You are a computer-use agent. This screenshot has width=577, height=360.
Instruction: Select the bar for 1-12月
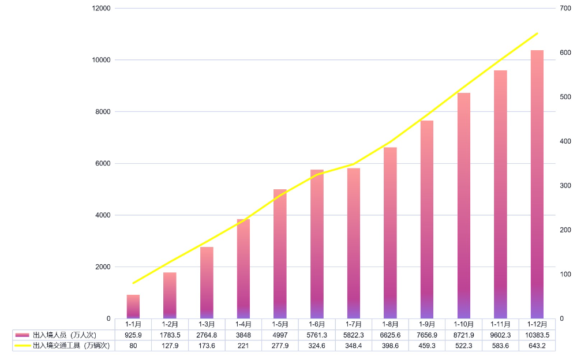pos(537,185)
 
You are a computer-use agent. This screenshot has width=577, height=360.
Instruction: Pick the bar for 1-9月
pos(426,219)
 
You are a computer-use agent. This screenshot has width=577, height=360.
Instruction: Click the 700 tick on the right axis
pos(565,9)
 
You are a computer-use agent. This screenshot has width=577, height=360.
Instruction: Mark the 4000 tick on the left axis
pos(103,215)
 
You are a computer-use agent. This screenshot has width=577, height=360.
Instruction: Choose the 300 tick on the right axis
pos(565,186)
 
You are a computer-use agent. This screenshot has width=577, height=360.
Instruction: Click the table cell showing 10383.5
pos(537,335)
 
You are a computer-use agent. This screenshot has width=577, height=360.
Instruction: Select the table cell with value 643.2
pos(537,345)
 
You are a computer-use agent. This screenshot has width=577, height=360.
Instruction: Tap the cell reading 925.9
pos(133,335)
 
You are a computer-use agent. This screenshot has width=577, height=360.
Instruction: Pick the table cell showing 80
pos(133,345)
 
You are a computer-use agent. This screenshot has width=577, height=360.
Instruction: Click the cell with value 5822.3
pos(353,335)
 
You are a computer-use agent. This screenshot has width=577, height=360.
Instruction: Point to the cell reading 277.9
pos(280,345)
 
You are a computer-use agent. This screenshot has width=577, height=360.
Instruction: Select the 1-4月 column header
pos(243,324)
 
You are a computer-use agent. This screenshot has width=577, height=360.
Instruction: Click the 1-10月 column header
pos(463,324)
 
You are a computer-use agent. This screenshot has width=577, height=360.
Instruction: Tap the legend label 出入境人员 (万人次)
pos(64,335)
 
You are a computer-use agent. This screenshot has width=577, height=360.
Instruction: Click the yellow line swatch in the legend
pos(23,345)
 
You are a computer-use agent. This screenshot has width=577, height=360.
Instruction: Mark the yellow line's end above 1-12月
pos(537,33)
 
